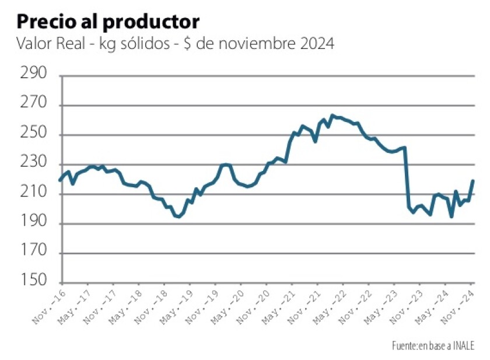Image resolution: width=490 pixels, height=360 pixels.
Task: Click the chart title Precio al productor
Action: point(108,22)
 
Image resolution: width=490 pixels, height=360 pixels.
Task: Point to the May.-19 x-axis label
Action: point(175,304)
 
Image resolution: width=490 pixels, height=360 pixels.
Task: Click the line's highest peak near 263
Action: point(332,116)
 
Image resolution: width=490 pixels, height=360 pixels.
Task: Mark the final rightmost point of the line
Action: point(473,181)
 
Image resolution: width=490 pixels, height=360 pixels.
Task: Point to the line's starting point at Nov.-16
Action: point(60,180)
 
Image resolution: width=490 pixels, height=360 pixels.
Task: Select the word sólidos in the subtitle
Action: point(149,44)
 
